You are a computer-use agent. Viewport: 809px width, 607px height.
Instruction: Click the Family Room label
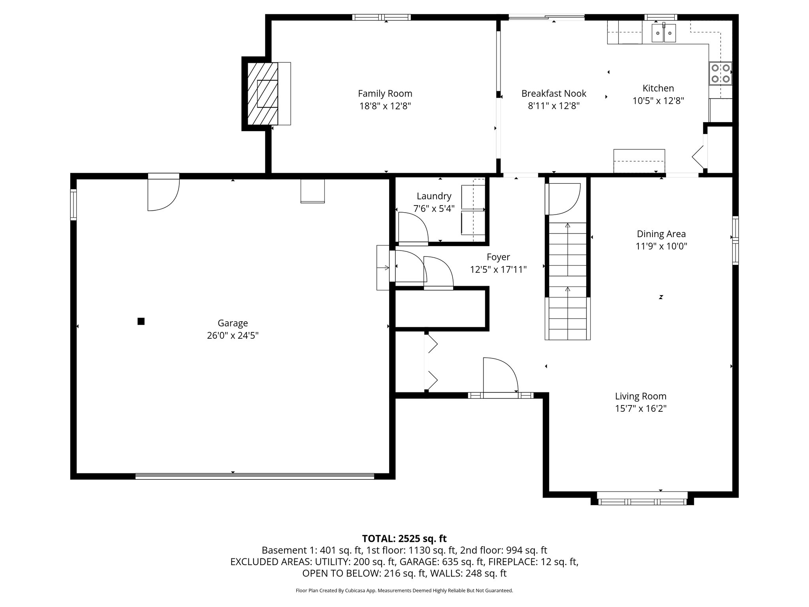[385, 94]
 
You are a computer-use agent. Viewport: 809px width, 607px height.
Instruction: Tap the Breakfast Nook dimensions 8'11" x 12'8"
[554, 106]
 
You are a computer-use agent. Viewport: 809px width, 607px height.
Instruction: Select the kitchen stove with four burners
[721, 73]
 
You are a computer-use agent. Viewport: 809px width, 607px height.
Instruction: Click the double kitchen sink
[664, 33]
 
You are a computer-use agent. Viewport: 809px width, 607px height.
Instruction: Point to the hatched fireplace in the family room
[262, 94]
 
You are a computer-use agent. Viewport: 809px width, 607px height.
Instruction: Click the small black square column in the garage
[141, 321]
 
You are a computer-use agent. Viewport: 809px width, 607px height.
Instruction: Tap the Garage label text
[233, 323]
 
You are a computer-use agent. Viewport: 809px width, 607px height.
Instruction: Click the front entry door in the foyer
[500, 375]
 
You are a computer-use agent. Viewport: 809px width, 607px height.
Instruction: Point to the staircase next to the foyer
[568, 281]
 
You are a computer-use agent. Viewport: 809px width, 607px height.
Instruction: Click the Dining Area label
[661, 234]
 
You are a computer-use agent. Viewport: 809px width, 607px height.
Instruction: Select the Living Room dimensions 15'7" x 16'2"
[641, 408]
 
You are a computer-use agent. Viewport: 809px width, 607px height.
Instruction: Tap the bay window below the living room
[642, 501]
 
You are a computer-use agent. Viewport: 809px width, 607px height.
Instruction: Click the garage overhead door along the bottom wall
[254, 476]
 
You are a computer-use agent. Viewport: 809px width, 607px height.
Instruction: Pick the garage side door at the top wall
[163, 192]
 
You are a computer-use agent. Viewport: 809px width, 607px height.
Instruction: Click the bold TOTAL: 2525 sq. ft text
[404, 538]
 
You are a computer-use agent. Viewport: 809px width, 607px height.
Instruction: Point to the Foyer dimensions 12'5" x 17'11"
[498, 270]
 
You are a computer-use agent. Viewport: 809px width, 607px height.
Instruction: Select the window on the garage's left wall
[73, 204]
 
